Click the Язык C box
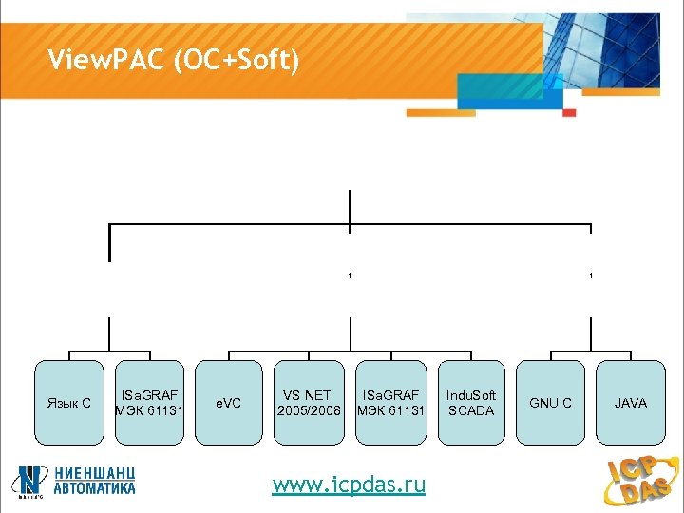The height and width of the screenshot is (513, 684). click(x=69, y=402)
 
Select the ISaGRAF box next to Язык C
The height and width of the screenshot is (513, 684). click(x=150, y=402)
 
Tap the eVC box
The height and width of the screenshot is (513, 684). click(x=229, y=402)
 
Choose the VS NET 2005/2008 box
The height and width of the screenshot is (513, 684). click(x=309, y=402)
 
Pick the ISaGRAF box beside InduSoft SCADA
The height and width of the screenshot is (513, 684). click(x=389, y=402)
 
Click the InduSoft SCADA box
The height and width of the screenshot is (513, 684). click(x=471, y=402)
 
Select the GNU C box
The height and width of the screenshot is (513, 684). click(x=551, y=402)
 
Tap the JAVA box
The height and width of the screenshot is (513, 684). click(x=631, y=402)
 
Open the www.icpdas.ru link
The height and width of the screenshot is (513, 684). click(x=349, y=485)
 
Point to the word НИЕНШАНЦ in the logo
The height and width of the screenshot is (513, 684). click(x=94, y=472)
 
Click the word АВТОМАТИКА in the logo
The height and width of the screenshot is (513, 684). click(x=94, y=488)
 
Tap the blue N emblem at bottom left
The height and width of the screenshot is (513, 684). click(x=32, y=480)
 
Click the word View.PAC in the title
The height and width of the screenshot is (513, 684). click(x=104, y=63)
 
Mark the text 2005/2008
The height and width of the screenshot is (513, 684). click(x=309, y=410)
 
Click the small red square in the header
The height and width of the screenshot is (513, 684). click(x=569, y=112)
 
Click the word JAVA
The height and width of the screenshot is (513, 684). click(x=631, y=403)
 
